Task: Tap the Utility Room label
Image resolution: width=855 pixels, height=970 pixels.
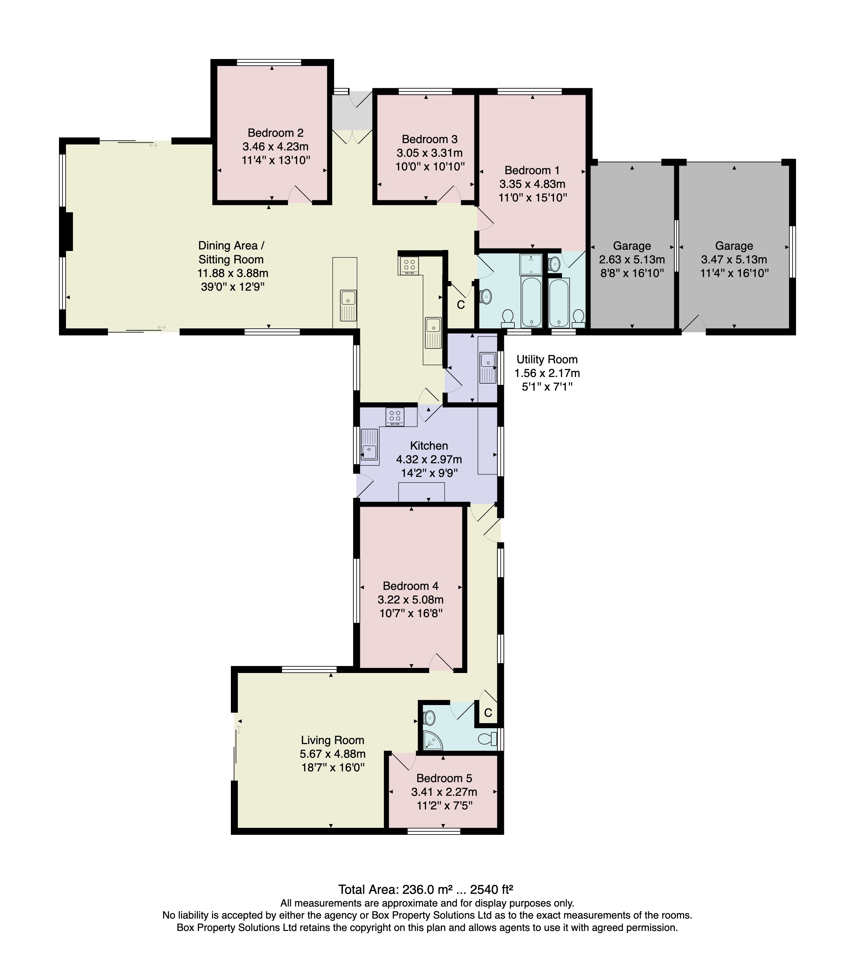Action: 547,359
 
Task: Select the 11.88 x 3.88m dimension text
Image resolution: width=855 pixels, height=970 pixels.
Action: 232,273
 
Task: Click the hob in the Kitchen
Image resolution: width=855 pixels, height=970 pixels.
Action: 395,416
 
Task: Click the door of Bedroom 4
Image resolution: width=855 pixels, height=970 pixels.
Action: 441,663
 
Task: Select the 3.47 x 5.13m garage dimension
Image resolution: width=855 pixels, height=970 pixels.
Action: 734,260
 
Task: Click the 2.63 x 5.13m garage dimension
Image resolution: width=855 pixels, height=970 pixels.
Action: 632,260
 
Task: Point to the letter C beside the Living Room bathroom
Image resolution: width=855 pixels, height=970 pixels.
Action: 488,713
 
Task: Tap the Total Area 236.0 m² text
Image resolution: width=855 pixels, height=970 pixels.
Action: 425,889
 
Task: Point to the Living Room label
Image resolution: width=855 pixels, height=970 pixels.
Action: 332,740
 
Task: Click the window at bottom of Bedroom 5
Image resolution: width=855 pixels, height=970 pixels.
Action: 434,831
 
